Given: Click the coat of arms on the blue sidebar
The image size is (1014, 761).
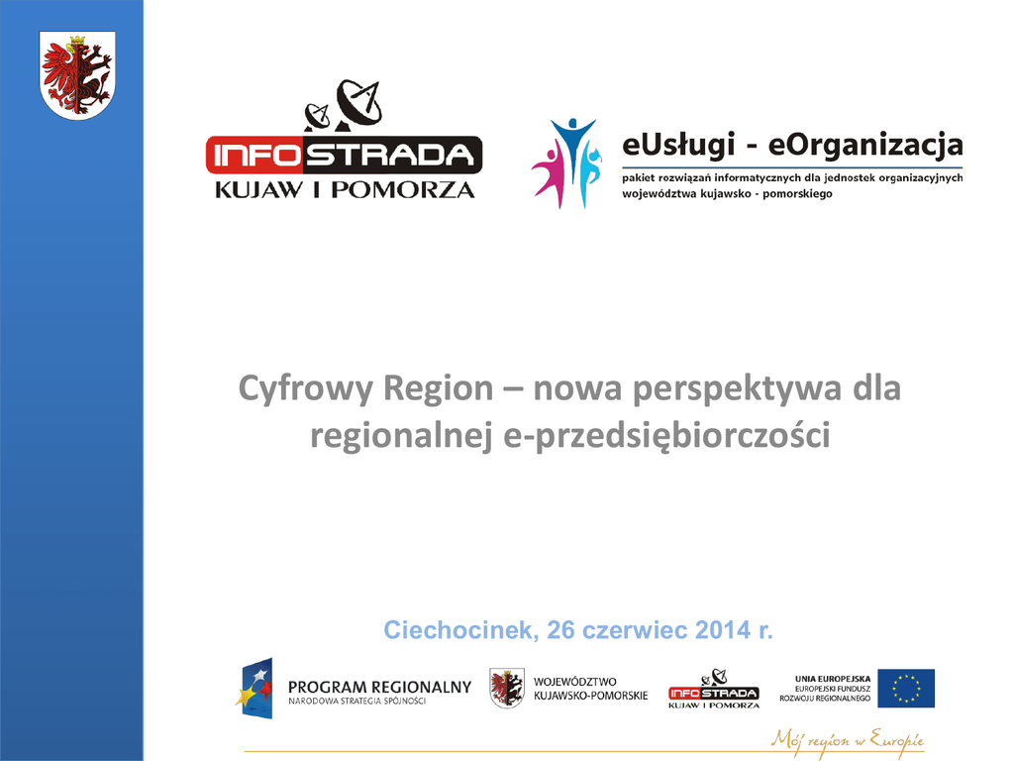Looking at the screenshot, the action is [x=77, y=75].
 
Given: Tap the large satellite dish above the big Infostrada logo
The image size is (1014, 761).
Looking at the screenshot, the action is [x=359, y=103].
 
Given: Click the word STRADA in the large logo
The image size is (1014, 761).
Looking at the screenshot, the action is [x=390, y=156].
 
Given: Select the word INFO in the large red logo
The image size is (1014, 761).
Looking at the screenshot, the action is [x=256, y=156].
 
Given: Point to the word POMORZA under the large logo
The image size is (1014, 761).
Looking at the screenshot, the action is [x=403, y=189].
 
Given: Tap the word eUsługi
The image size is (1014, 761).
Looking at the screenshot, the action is [x=678, y=145].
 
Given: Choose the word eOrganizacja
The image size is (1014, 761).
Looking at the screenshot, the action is [x=865, y=145].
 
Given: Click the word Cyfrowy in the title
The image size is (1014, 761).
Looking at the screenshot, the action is [x=305, y=388].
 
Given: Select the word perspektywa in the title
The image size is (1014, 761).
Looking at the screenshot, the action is [x=737, y=388].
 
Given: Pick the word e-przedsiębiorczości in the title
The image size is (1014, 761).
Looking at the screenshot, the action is [x=666, y=436].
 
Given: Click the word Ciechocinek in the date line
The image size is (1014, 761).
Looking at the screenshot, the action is [x=460, y=629].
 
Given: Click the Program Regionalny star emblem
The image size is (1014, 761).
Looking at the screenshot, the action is [x=254, y=688].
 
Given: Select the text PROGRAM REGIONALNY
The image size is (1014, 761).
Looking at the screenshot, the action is [x=379, y=687].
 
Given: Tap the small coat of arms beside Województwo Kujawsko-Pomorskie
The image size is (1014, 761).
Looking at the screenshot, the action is [x=506, y=688].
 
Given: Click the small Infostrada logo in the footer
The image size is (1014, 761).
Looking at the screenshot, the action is [x=714, y=689].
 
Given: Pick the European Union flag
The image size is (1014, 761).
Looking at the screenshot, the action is [x=906, y=688].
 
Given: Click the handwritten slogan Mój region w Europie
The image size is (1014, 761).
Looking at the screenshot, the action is [x=848, y=739].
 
